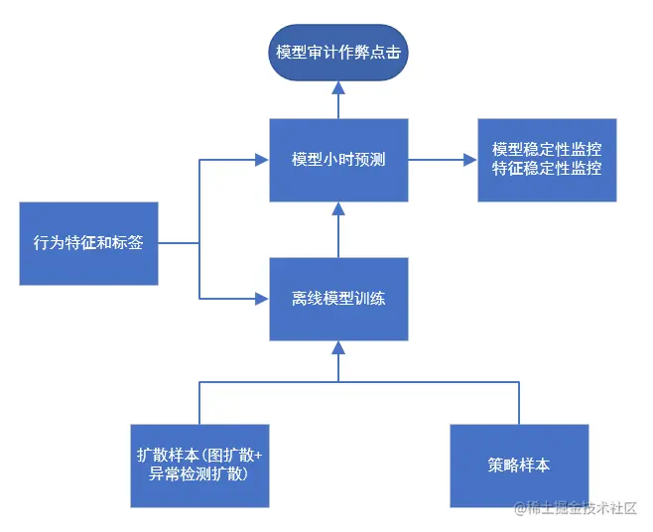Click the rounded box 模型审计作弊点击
pos(338,53)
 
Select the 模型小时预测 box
pos(338,159)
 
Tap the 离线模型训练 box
pos(338,298)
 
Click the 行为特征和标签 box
pos(88,243)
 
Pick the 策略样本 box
pos(519,465)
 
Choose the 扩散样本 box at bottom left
pos(198,465)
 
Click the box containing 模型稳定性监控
pos(547,160)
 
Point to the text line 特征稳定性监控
pos(547,169)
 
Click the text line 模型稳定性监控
pos(547,150)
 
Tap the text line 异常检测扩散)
pos(198,474)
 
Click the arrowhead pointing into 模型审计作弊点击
pos(338,89)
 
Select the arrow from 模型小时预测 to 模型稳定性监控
pos(442,159)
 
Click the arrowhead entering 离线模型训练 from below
pos(338,347)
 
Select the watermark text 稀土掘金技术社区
pos(575,507)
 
